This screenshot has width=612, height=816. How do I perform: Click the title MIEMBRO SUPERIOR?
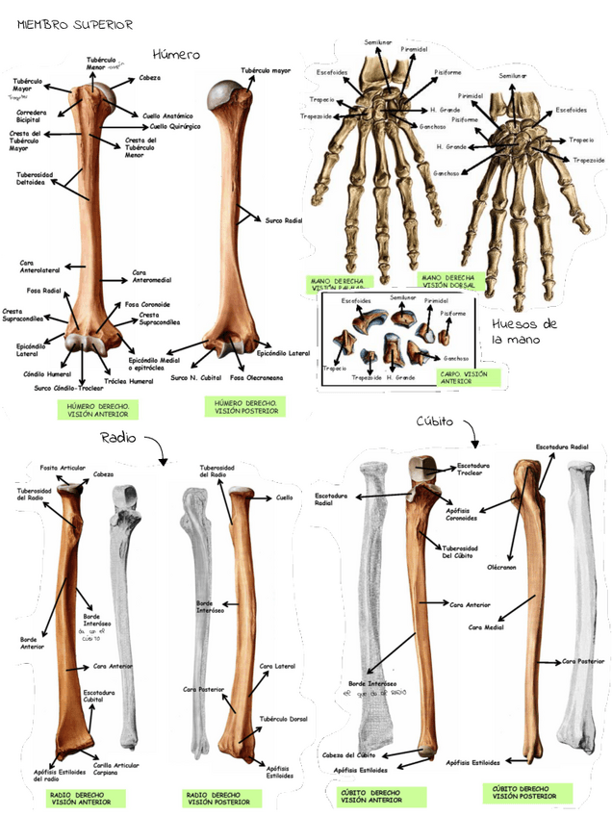(x=75, y=24)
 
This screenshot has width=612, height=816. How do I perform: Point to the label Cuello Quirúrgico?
(x=173, y=126)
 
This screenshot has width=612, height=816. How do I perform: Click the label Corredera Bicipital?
(x=34, y=116)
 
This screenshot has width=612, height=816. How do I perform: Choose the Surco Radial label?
(x=283, y=220)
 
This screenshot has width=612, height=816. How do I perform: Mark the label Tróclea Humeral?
(x=129, y=381)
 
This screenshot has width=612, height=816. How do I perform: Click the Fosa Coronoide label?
(x=147, y=304)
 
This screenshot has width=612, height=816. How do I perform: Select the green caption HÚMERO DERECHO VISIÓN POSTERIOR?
(x=246, y=406)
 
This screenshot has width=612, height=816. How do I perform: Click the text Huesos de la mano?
(x=524, y=331)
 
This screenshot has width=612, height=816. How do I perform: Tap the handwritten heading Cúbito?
(x=435, y=421)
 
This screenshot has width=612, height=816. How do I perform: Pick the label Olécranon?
(x=501, y=568)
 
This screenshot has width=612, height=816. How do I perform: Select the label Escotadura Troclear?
(x=472, y=469)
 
